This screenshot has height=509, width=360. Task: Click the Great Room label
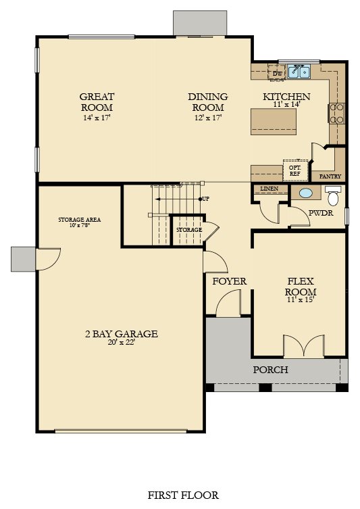(x=97, y=101)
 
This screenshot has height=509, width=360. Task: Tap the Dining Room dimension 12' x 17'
(x=207, y=118)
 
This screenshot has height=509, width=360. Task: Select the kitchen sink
(x=299, y=72)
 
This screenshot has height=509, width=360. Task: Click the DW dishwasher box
(x=278, y=74)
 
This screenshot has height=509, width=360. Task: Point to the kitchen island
(x=274, y=122)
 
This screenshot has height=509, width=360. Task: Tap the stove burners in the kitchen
(x=337, y=114)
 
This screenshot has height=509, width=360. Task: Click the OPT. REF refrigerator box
(x=295, y=171)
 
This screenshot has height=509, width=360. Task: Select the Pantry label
(x=330, y=176)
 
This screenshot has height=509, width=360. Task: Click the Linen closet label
(x=269, y=189)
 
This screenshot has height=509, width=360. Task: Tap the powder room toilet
(x=333, y=195)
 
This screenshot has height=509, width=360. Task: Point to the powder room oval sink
(x=306, y=193)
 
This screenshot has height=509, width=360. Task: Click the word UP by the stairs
(x=205, y=199)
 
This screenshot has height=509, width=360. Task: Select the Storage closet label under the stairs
(x=189, y=230)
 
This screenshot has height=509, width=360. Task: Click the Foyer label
(x=230, y=281)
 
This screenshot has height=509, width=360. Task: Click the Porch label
(x=270, y=370)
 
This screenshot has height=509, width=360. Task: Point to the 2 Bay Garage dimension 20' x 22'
(x=122, y=343)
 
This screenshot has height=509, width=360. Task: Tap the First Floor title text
(x=183, y=495)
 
